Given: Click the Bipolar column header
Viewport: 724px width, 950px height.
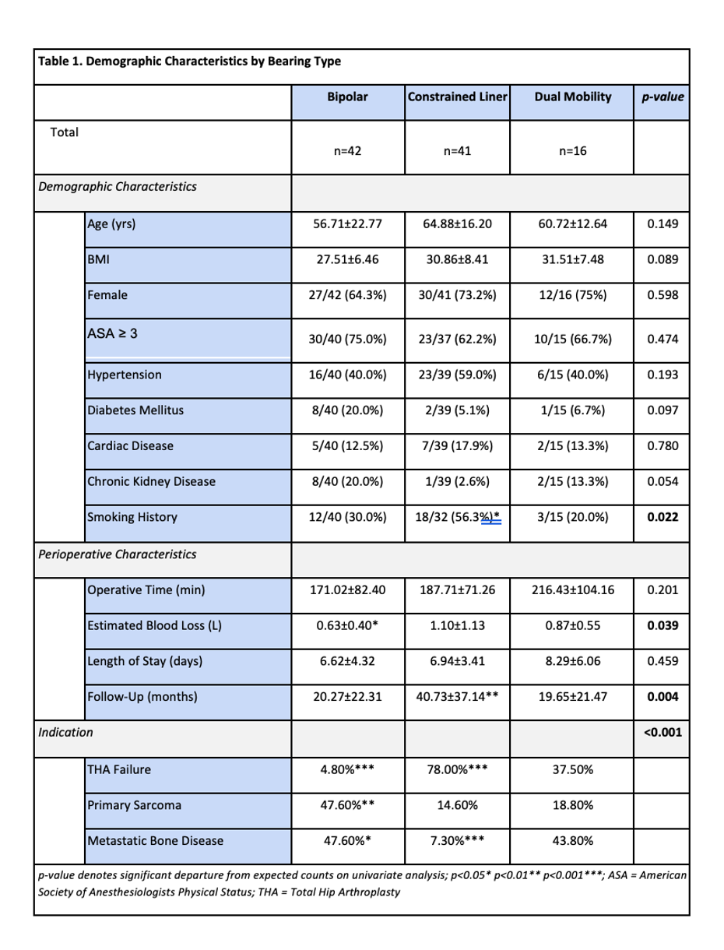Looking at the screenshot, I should [347, 97].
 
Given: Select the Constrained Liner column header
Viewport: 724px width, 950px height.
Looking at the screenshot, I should [457, 97].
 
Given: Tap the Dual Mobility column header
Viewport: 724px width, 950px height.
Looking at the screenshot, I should [572, 97].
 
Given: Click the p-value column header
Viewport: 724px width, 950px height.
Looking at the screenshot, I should [662, 97].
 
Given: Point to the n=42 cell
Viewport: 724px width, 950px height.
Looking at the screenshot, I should [347, 151].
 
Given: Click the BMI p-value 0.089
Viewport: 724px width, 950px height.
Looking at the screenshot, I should [662, 259].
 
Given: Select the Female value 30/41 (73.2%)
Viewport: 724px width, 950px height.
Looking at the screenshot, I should [457, 295].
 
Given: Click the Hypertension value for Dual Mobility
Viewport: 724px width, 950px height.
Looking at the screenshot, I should [572, 375].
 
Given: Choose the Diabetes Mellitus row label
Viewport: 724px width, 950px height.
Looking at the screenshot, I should [136, 410].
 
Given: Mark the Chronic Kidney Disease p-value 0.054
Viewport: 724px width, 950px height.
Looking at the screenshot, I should [662, 481].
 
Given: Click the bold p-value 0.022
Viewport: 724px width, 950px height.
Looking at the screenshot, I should [662, 517].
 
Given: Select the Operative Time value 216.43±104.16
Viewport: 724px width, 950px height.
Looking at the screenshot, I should [572, 589].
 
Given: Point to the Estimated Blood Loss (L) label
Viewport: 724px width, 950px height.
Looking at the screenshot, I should [155, 625].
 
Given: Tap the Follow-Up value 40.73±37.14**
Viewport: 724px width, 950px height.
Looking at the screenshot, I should [457, 696].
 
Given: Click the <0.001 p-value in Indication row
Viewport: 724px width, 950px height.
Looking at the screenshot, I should [662, 732].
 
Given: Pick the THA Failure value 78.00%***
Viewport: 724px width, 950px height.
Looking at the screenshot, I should [457, 770].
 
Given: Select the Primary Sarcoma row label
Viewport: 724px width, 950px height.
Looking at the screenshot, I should [135, 805].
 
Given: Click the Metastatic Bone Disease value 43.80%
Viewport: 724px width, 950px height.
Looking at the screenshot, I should [572, 841].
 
